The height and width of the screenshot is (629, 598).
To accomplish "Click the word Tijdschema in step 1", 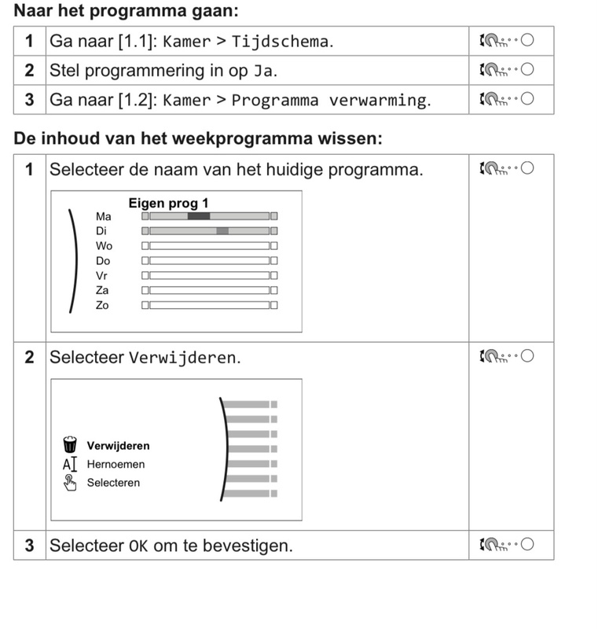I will (x=281, y=42).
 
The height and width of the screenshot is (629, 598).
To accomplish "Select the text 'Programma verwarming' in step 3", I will (x=330, y=101).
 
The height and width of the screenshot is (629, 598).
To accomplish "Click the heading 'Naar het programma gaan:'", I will (x=126, y=11).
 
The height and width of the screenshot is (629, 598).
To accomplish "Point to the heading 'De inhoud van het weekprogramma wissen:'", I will (x=198, y=139).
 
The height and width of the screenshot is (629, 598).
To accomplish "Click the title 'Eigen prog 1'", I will (x=168, y=204).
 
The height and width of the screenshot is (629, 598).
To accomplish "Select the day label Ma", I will (x=103, y=216).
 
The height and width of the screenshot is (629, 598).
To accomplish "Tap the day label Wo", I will (x=104, y=246).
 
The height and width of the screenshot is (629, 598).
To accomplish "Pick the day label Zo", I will (x=102, y=305).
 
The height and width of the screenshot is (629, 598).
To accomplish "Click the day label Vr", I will (x=102, y=276).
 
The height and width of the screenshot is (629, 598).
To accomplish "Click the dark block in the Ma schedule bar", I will (x=199, y=216).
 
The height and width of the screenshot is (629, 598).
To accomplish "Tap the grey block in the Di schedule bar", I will (x=222, y=231).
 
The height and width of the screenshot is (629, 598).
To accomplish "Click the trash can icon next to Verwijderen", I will (x=70, y=445).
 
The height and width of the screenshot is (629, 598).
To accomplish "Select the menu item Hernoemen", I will (x=116, y=464).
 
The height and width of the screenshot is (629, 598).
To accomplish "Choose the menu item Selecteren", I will (x=113, y=483).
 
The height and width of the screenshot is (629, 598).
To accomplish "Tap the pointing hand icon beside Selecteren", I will (x=70, y=483).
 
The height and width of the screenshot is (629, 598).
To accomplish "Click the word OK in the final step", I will (x=138, y=546).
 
